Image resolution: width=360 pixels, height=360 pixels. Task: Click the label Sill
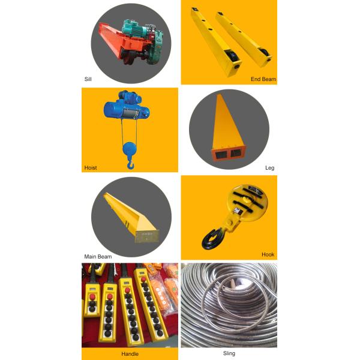click(88, 79)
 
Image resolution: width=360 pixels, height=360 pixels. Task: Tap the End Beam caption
click(263, 79)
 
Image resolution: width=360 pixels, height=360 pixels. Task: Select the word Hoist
click(91, 168)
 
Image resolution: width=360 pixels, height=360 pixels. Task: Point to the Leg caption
click(270, 168)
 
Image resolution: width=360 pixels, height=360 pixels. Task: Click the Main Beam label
click(98, 257)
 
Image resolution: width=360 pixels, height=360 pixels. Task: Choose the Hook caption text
click(268, 254)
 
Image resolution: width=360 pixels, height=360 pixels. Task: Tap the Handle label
click(130, 354)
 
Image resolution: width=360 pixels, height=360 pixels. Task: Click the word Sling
click(229, 353)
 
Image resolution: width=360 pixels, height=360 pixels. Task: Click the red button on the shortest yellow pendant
click(92, 297)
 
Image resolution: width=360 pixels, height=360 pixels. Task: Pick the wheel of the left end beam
click(232, 56)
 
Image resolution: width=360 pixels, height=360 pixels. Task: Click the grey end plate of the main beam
click(147, 236)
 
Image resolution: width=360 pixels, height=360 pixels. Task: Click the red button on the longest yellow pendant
click(144, 279)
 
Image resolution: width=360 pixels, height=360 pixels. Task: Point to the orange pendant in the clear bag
click(161, 296)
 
